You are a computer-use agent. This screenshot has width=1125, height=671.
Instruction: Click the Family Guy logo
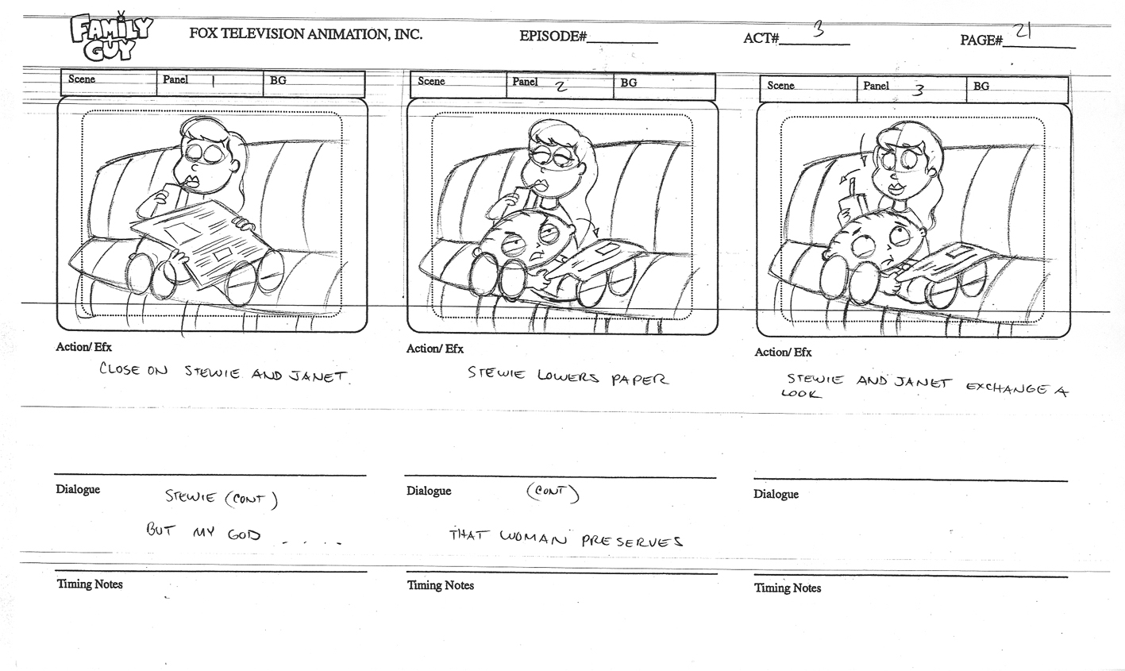pos(111,37)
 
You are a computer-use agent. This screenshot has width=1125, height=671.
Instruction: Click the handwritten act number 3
pos(818,32)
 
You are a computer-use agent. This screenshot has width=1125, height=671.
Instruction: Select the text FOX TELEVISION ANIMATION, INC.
pos(306,33)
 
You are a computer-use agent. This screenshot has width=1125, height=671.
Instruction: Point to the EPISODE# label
pos(553,37)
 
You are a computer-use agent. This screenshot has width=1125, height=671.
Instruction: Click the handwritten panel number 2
pos(561,87)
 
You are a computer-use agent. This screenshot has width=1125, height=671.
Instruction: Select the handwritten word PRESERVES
pos(632,541)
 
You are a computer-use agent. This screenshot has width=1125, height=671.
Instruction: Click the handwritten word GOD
pos(245,534)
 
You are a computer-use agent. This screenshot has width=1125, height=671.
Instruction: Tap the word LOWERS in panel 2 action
pos(568,376)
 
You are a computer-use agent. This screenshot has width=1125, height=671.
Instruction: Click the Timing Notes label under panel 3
pos(788,588)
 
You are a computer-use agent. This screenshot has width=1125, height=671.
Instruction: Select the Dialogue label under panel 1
pos(78,489)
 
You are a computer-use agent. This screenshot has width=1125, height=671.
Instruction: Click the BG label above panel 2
pos(629,83)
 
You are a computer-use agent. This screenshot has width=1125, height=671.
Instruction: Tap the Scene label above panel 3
pos(780,86)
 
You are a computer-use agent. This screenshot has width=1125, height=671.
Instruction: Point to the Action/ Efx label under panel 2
pos(435,349)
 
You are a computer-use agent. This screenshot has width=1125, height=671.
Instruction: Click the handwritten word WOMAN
pos(534,539)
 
